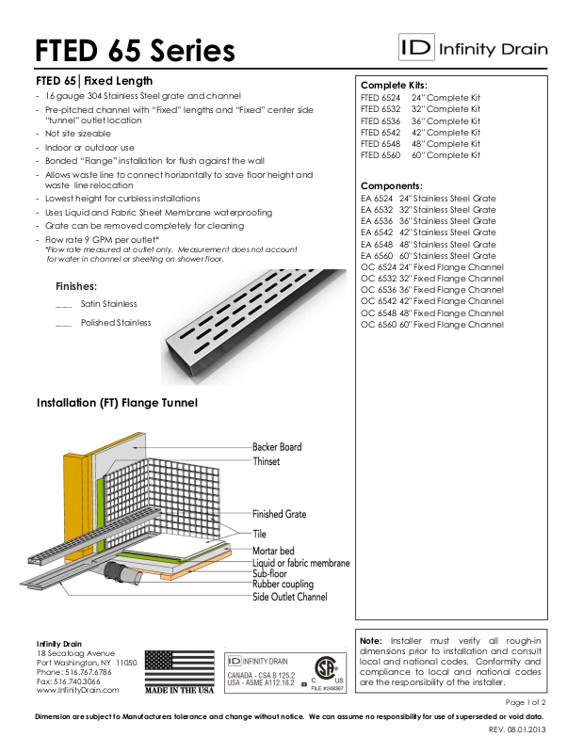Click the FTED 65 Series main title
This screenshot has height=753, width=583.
tap(135, 49)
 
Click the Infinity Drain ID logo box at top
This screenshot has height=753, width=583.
tap(414, 47)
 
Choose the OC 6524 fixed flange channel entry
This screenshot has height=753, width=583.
tap(432, 267)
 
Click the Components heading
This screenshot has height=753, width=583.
tap(392, 186)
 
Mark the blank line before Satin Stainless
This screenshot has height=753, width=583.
tap(64, 305)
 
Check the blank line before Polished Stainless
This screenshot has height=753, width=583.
tap(64, 324)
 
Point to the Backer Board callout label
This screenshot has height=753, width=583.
tap(277, 447)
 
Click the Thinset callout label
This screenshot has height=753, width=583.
tap(266, 462)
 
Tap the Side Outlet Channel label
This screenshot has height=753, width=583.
tap(289, 597)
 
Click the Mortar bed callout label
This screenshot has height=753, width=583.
tap(273, 550)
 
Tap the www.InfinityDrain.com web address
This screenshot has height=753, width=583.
tap(77, 690)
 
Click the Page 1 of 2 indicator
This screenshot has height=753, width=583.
tap(526, 702)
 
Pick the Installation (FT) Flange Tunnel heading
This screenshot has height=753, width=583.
tap(117, 403)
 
